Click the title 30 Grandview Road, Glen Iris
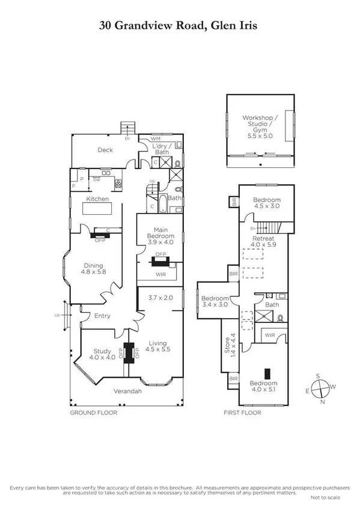click(x=180, y=26)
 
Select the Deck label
click(x=105, y=150)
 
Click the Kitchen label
click(x=97, y=198)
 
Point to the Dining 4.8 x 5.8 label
click(x=94, y=269)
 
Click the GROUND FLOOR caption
click(x=93, y=413)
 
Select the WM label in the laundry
click(x=156, y=139)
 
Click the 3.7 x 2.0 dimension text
click(x=160, y=298)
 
